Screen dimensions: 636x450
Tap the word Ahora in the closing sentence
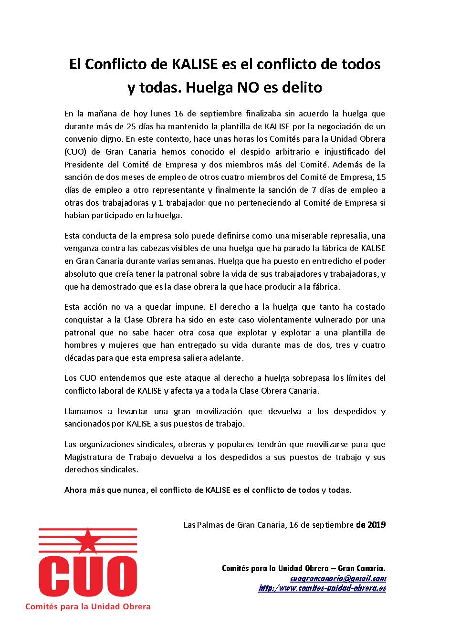tap(75, 490)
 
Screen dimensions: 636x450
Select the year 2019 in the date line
tap(377, 525)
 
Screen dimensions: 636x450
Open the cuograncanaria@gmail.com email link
tap(338, 578)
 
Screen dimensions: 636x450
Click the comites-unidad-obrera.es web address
tap(322, 588)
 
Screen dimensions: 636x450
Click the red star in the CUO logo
tap(87, 540)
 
